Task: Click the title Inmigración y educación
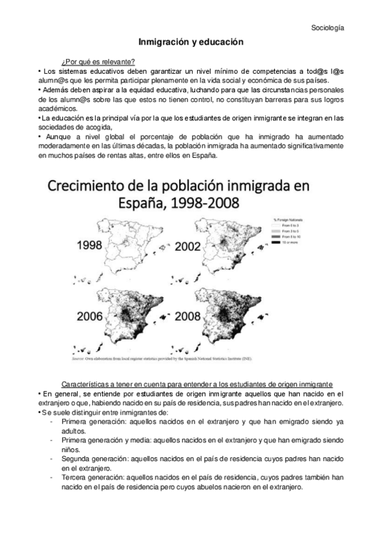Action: point(192,41)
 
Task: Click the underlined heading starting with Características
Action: point(197,385)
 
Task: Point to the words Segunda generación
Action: point(92,458)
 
